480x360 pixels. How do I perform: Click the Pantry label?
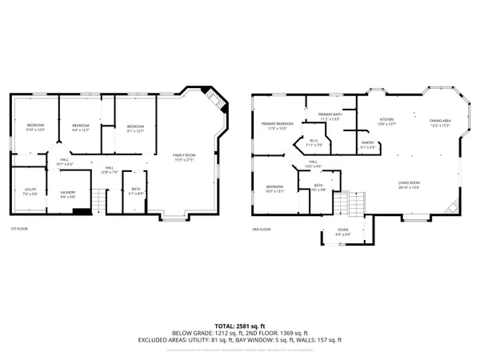(x=368, y=146)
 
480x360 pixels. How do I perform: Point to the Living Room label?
(x=410, y=185)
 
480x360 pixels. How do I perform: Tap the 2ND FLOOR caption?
(x=261, y=229)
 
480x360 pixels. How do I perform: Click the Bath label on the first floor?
(x=134, y=191)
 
